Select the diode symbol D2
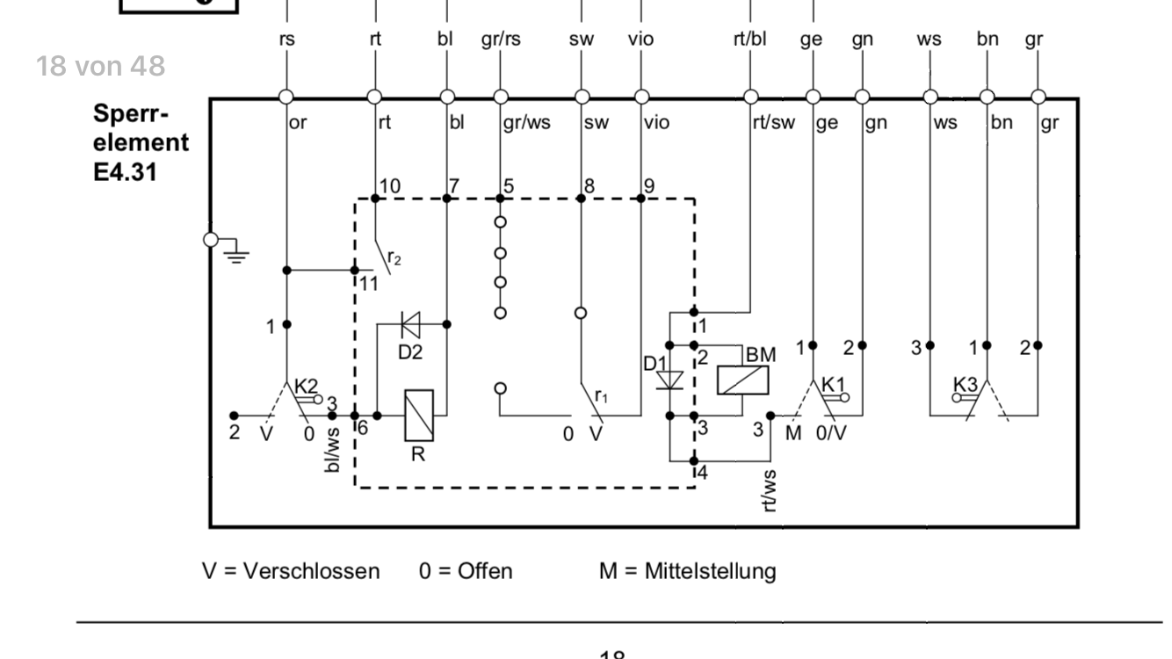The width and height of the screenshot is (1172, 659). pos(410,325)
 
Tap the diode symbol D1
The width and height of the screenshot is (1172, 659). pos(670,380)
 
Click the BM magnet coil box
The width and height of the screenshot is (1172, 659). pos(743,380)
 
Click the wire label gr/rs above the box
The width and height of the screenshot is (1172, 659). pos(501,40)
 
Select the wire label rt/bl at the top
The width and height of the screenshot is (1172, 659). pos(749,40)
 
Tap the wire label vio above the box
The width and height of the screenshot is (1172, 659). pos(641,40)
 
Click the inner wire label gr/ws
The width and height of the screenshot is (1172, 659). pos(527,124)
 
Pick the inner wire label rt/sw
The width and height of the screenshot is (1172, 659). pos(773,124)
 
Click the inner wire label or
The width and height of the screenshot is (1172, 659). pos(299,124)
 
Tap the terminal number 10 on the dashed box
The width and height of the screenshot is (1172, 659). pos(389,186)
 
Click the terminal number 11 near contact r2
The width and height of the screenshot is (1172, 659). pos(368,283)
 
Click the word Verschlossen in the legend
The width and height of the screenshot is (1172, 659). pos(312,571)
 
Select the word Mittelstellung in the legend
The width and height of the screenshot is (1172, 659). pos(711,571)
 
